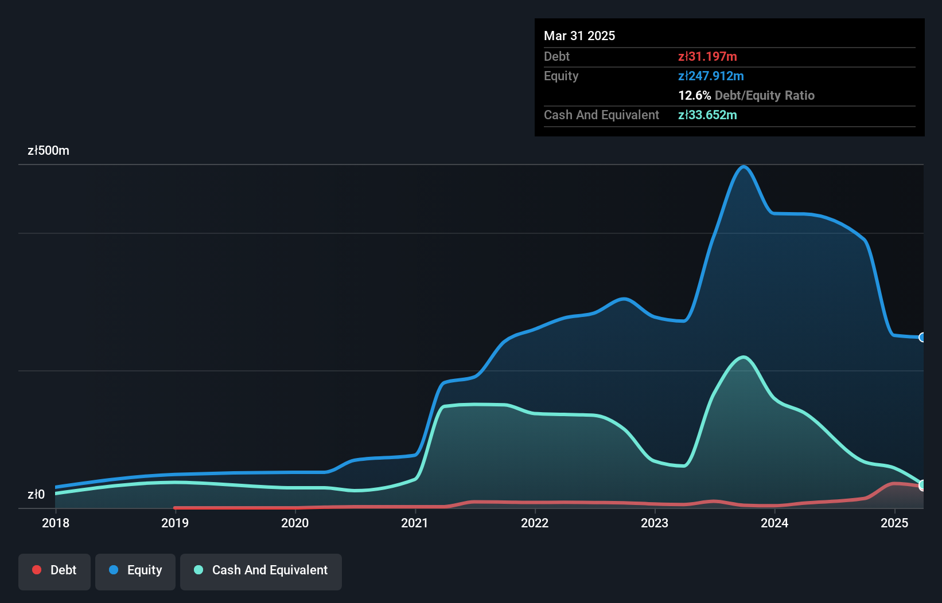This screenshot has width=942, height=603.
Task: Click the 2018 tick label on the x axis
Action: coord(56,523)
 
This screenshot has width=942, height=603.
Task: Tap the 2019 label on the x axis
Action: coord(175,523)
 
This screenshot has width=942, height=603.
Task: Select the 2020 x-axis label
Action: coord(295,523)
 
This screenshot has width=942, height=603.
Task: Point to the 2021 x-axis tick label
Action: coord(415,523)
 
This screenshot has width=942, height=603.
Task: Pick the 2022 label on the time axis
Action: coord(535,523)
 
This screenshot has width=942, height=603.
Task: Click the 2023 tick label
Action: coord(655,523)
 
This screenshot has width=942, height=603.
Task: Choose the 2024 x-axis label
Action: coord(774,523)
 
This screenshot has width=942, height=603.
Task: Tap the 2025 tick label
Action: coord(894,523)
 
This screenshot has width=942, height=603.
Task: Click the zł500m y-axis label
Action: coord(48,151)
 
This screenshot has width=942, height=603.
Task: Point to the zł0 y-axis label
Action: coord(36,494)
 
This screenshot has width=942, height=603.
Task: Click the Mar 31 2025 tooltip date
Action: coord(579,36)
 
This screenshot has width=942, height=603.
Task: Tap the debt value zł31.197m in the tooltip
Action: coord(707,56)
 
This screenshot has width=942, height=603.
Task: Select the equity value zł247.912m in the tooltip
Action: coord(711,76)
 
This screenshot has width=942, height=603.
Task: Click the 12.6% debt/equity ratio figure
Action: coord(694,95)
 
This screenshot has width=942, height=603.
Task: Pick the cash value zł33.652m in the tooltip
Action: coord(707,115)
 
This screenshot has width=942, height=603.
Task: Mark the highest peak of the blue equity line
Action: coord(744,167)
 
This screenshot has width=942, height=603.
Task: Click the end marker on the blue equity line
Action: coord(922,337)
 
